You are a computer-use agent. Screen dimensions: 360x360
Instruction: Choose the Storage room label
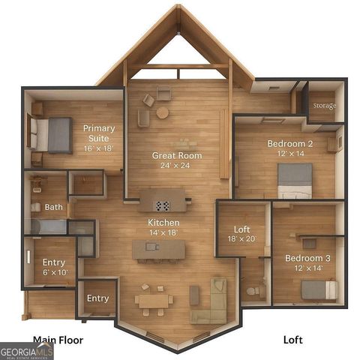[323, 106]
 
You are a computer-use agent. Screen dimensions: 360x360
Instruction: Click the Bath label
[53, 207]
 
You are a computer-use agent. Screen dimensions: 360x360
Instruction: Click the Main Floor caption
[58, 340]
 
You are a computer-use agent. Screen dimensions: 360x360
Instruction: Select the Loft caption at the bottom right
[292, 340]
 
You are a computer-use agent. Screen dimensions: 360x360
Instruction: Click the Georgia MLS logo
[26, 351]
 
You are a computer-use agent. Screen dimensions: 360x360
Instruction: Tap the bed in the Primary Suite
[52, 134]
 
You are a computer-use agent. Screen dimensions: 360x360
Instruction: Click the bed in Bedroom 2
[295, 181]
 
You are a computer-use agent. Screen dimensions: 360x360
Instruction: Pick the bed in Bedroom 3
[319, 289]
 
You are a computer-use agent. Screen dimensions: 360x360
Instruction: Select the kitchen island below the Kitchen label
[157, 250]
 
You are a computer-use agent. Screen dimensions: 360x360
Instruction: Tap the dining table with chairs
[154, 300]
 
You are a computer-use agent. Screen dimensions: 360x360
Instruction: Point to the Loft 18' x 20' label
[241, 234]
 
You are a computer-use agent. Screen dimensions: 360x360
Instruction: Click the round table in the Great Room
[163, 112]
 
